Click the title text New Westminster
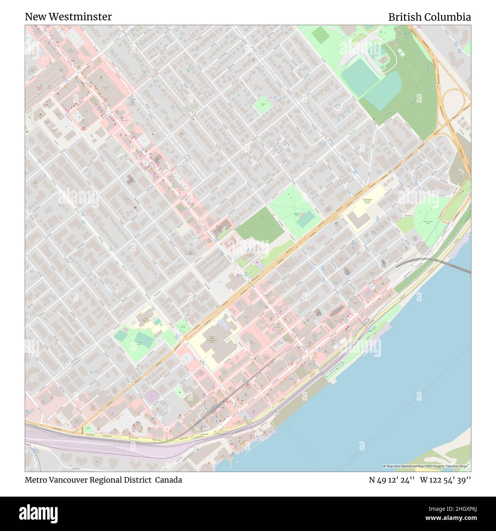68,17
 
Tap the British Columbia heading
429,17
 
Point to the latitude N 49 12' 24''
392,480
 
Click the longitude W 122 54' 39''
445,480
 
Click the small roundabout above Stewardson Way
167,429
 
